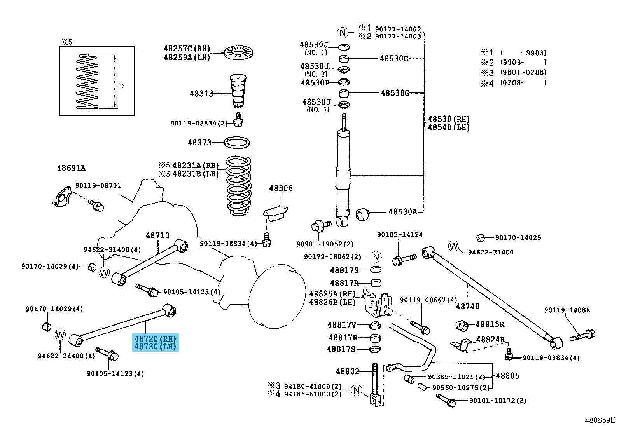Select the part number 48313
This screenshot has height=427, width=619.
click(201, 94)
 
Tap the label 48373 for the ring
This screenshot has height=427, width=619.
click(199, 143)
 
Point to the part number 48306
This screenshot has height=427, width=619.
click(281, 188)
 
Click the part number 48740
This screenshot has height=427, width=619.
click(467, 307)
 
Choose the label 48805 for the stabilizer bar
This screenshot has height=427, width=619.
click(507, 376)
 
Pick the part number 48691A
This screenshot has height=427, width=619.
click(71, 168)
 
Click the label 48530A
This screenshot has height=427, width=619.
click(403, 212)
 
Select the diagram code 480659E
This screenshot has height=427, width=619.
click(600, 420)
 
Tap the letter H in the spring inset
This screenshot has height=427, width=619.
click(121, 85)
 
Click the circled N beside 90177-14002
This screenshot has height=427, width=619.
click(343, 33)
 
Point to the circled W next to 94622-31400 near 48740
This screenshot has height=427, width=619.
click(454, 246)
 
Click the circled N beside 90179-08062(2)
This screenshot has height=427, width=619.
click(376, 257)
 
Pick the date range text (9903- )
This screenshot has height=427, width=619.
click(523, 62)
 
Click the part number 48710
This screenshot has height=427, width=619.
click(157, 235)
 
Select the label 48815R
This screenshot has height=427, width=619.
click(490, 324)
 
